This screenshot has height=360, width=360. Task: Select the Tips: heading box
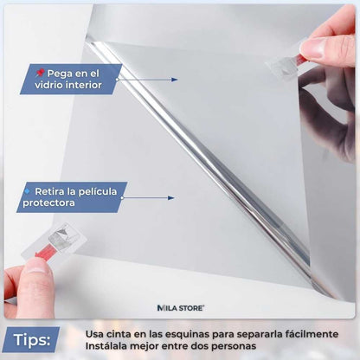pos(31,337)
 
